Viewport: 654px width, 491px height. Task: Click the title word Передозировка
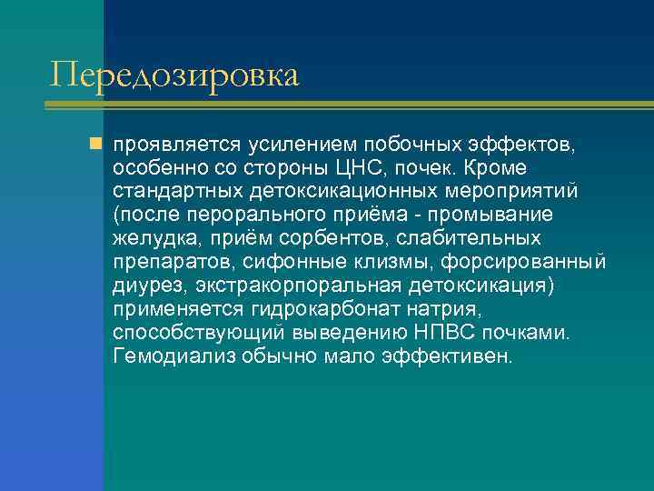coord(174,75)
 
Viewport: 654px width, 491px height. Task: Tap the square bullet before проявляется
coord(95,145)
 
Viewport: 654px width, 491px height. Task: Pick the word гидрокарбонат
coord(319,310)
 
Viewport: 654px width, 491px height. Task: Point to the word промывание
coord(502,215)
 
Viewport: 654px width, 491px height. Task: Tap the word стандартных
coord(174,192)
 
